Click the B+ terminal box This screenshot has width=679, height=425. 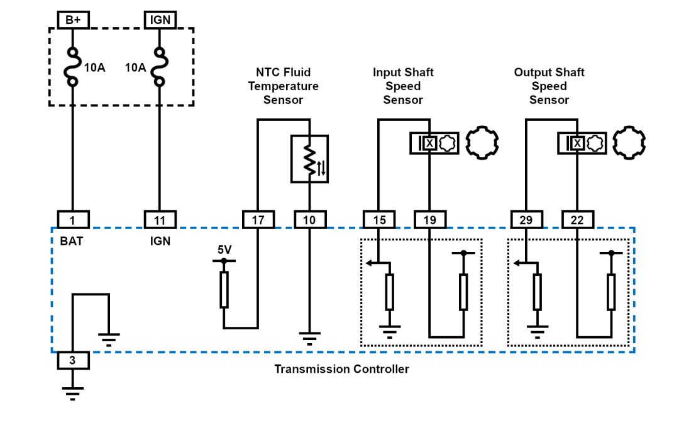[73, 20]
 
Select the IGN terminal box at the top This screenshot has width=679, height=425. [160, 20]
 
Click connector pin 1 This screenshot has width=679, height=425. [73, 219]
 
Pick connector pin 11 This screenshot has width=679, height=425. [160, 219]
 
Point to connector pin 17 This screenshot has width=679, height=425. [258, 219]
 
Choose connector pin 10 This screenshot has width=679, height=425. [310, 219]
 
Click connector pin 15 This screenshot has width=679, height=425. [379, 219]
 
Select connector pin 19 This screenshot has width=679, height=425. [430, 219]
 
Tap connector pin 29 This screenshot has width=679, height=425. [526, 219]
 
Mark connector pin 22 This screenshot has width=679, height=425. [577, 219]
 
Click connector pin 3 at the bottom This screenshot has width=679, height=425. [73, 361]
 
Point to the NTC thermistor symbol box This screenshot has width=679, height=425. [309, 159]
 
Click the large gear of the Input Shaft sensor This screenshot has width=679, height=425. [482, 142]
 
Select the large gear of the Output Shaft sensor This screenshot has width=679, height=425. [629, 142]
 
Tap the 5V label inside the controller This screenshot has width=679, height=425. [224, 249]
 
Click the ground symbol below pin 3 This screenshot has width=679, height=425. [73, 394]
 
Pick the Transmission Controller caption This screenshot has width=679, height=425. [341, 369]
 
